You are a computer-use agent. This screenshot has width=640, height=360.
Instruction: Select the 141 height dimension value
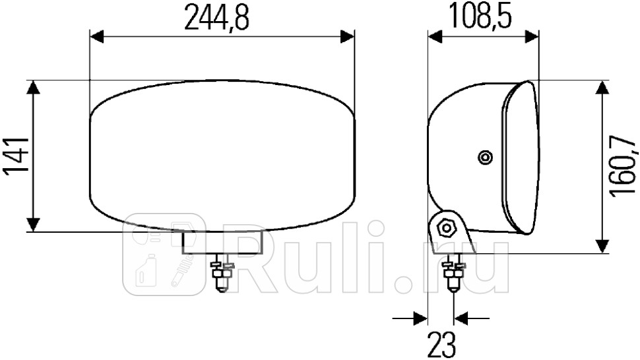tap(16, 156)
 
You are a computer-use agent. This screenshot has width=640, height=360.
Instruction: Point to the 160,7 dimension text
tap(624, 166)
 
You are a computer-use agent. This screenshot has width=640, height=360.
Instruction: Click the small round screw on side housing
tap(486, 157)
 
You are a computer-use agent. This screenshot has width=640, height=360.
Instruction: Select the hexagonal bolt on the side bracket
tap(447, 229)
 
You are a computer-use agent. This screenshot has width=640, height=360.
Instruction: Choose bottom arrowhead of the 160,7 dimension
tap(601, 245)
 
